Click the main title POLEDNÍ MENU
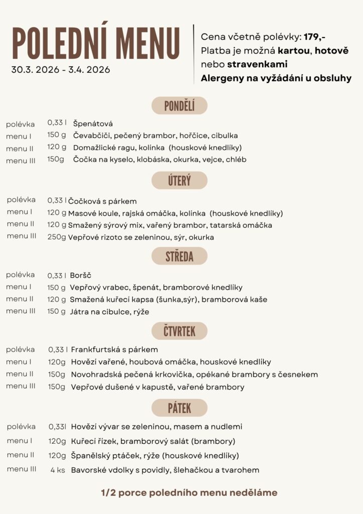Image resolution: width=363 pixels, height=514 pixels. (96, 43)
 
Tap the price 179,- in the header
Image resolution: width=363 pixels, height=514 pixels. (314, 38)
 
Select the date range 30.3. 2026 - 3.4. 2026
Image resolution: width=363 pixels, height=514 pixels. (61, 70)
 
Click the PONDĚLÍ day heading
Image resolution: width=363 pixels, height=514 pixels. (179, 105)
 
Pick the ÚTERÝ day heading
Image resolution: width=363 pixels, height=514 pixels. (179, 180)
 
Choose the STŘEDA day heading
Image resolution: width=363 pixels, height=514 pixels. (179, 256)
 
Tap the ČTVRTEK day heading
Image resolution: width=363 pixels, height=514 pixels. (179, 331)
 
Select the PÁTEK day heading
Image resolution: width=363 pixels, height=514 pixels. (179, 408)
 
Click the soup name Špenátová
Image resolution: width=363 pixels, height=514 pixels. (93, 123)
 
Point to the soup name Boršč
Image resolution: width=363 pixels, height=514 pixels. (81, 276)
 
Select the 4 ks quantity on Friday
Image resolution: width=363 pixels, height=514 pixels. (58, 470)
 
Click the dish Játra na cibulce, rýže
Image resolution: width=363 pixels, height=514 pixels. (109, 312)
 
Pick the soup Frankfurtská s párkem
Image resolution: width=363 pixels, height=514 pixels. (114, 349)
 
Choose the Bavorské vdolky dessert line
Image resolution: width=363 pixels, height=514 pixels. (165, 470)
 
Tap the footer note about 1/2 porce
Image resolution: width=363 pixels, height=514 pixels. (189, 493)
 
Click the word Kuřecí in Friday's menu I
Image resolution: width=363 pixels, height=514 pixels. (84, 441)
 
